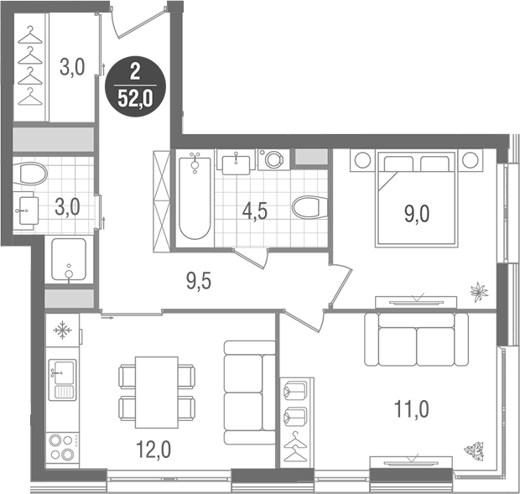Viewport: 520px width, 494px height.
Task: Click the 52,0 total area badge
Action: coord(135,85)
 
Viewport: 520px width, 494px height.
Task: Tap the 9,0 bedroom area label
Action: coord(417,213)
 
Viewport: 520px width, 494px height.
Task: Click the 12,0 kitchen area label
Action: coord(154,450)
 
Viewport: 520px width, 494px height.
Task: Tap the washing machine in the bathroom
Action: coord(272,160)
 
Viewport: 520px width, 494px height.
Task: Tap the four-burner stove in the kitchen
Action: coord(60,446)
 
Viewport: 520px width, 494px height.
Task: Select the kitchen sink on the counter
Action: coord(61,379)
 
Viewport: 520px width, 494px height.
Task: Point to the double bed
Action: coord(417,197)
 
